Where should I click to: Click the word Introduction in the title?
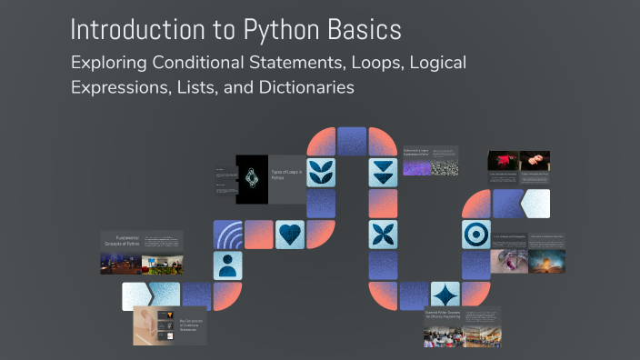(135, 29)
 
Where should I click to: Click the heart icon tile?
(290, 235)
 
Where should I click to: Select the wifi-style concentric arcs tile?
(228, 235)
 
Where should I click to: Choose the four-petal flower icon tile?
(383, 234)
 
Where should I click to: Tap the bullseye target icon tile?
(475, 235)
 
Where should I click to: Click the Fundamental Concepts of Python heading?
(119, 241)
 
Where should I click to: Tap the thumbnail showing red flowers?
(503, 161)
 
